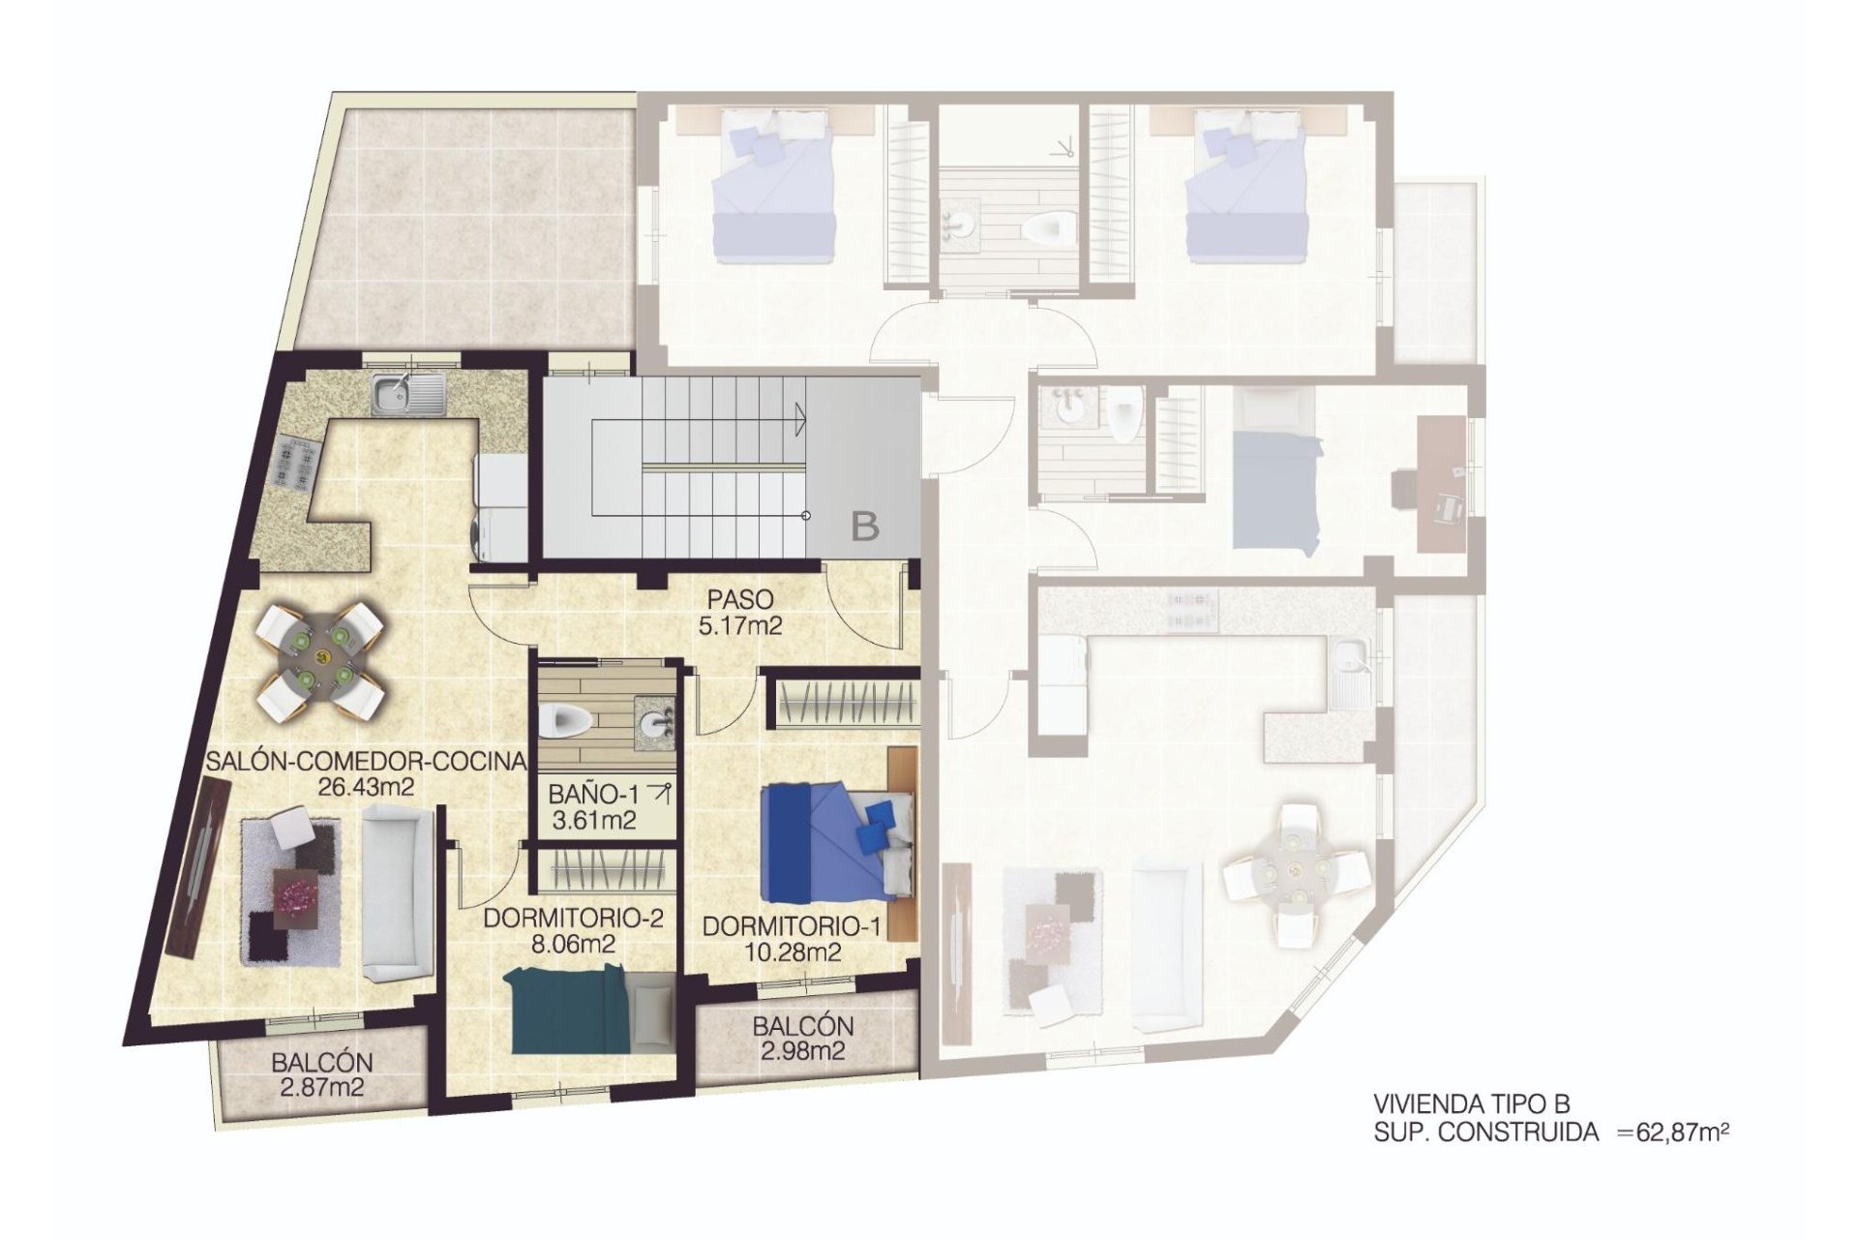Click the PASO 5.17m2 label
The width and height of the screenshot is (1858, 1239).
(x=740, y=612)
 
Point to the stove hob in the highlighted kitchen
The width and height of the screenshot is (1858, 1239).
(x=292, y=462)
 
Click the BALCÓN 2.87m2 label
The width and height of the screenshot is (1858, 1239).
(x=322, y=1074)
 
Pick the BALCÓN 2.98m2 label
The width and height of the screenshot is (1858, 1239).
(x=803, y=1037)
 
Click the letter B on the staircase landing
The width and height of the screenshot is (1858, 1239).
(x=865, y=527)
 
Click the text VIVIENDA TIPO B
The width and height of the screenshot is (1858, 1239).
(x=1471, y=1103)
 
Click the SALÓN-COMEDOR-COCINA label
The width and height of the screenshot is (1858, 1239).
(x=366, y=772)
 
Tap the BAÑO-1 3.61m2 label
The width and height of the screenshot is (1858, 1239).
(x=593, y=806)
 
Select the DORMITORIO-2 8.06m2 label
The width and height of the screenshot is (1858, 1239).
(x=573, y=930)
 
